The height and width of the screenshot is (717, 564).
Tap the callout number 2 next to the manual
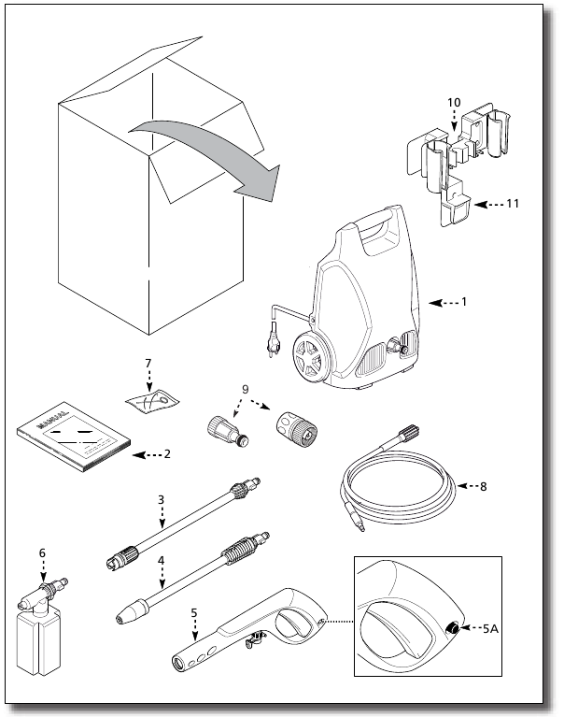pyautogui.click(x=167, y=454)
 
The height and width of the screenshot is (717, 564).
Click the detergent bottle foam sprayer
pyautogui.click(x=38, y=621)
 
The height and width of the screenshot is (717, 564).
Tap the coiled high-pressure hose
pyautogui.click(x=396, y=486)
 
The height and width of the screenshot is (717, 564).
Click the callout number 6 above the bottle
pyautogui.click(x=41, y=552)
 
